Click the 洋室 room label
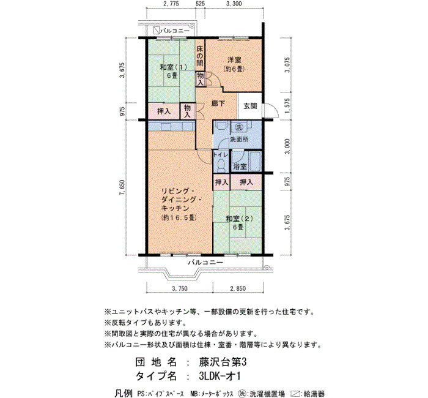coord(234,59)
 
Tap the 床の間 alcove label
coord(200,56)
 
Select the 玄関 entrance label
coord(250,106)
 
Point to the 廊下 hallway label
coord(219,103)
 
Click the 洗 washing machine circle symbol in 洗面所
coord(239,127)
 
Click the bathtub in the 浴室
coord(255,161)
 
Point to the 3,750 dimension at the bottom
coord(180,288)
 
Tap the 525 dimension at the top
coord(201,4)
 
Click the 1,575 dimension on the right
coord(287,106)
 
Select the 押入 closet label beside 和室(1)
coord(164,111)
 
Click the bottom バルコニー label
coord(205,263)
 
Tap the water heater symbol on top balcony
coord(157,31)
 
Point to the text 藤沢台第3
coord(223,362)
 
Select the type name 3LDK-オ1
coord(220,377)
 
